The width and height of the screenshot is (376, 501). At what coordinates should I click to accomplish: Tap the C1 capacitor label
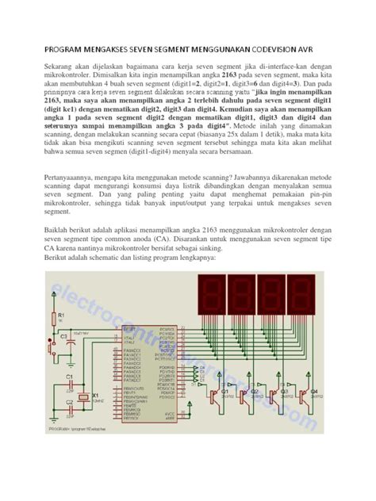(x=69, y=377)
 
